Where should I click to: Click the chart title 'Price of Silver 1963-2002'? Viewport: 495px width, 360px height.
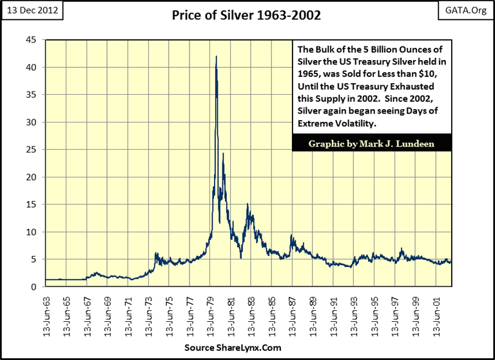click(x=247, y=15)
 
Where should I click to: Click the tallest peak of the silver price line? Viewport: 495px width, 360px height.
click(x=216, y=56)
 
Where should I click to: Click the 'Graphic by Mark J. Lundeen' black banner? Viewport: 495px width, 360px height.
click(x=371, y=143)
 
